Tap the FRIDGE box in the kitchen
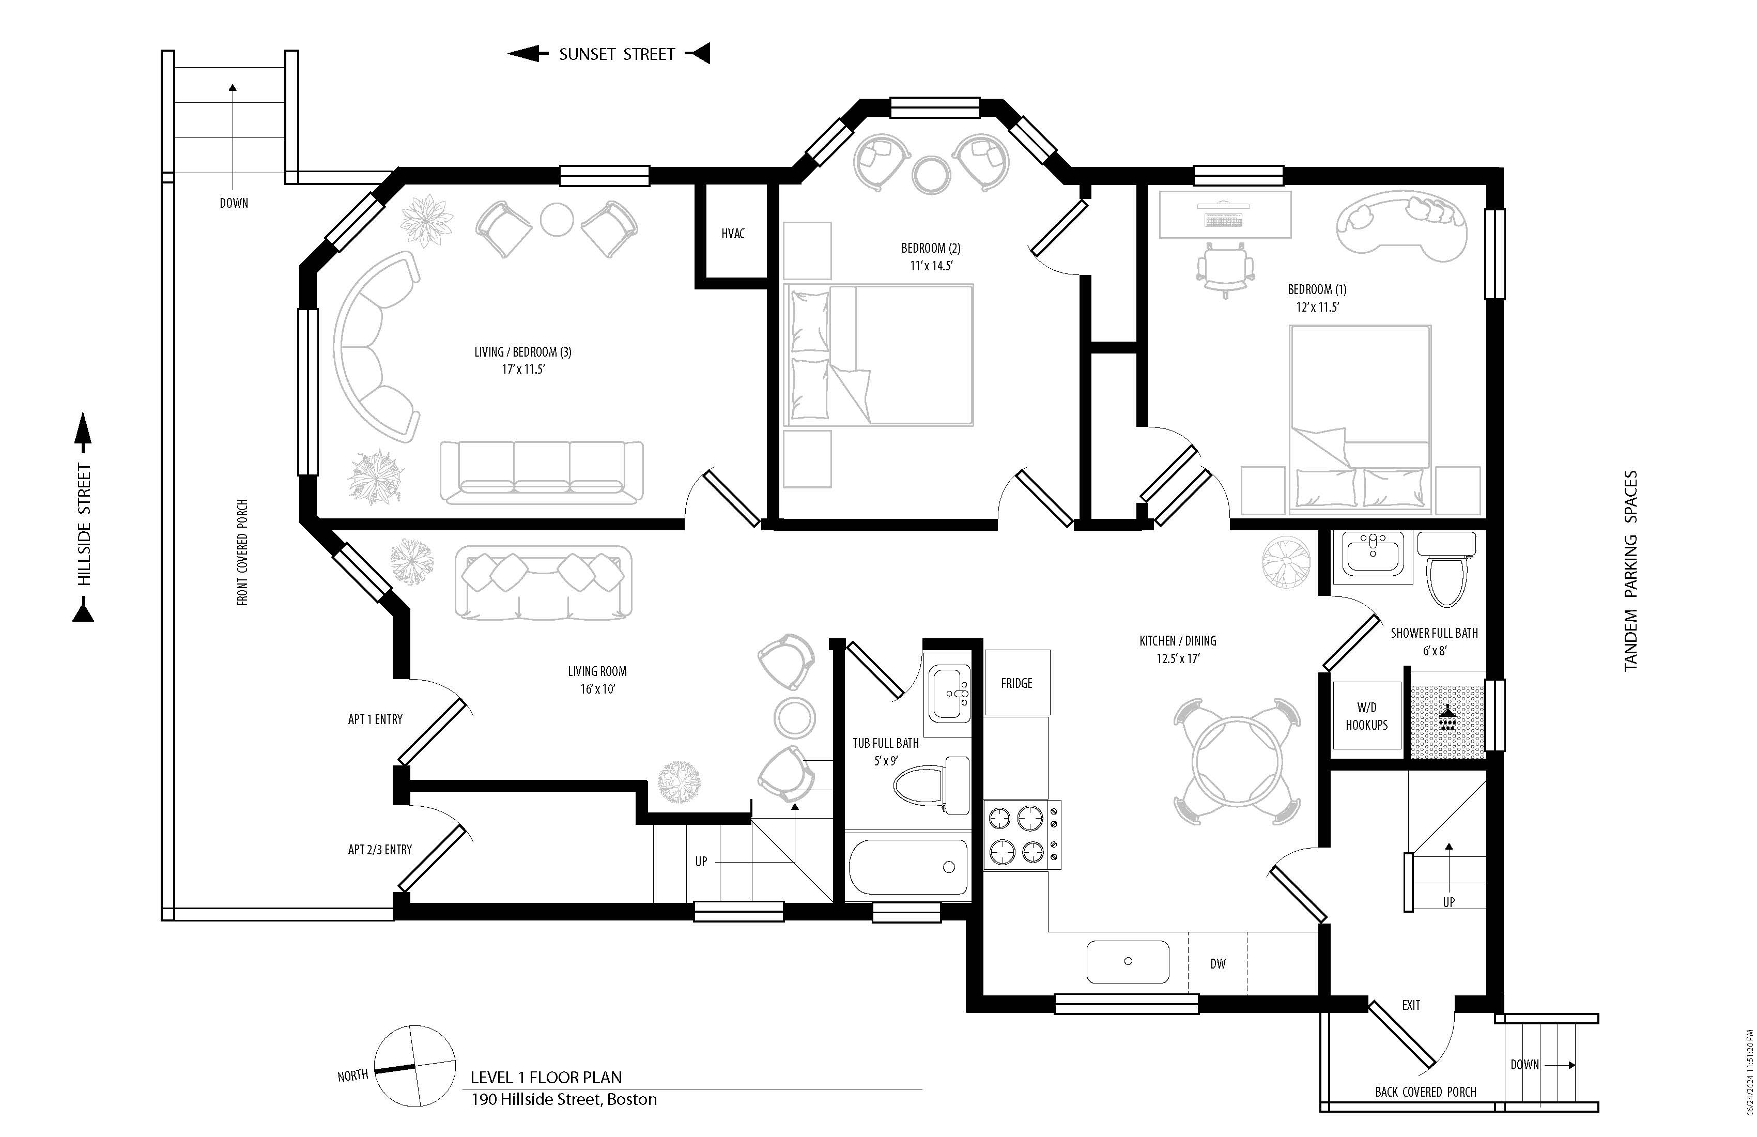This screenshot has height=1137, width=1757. point(1016,683)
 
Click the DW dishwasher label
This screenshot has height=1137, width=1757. point(1217,963)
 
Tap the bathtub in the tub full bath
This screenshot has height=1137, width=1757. point(908,868)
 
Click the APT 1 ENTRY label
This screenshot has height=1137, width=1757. point(375,719)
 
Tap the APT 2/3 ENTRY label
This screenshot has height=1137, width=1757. point(379,850)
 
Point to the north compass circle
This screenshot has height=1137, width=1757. point(415,1066)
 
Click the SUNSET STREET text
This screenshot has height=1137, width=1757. point(617,54)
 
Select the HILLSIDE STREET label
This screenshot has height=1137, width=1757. point(84,524)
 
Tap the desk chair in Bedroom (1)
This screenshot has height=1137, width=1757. point(1225,269)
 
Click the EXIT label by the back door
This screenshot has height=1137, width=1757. point(1411,1005)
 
